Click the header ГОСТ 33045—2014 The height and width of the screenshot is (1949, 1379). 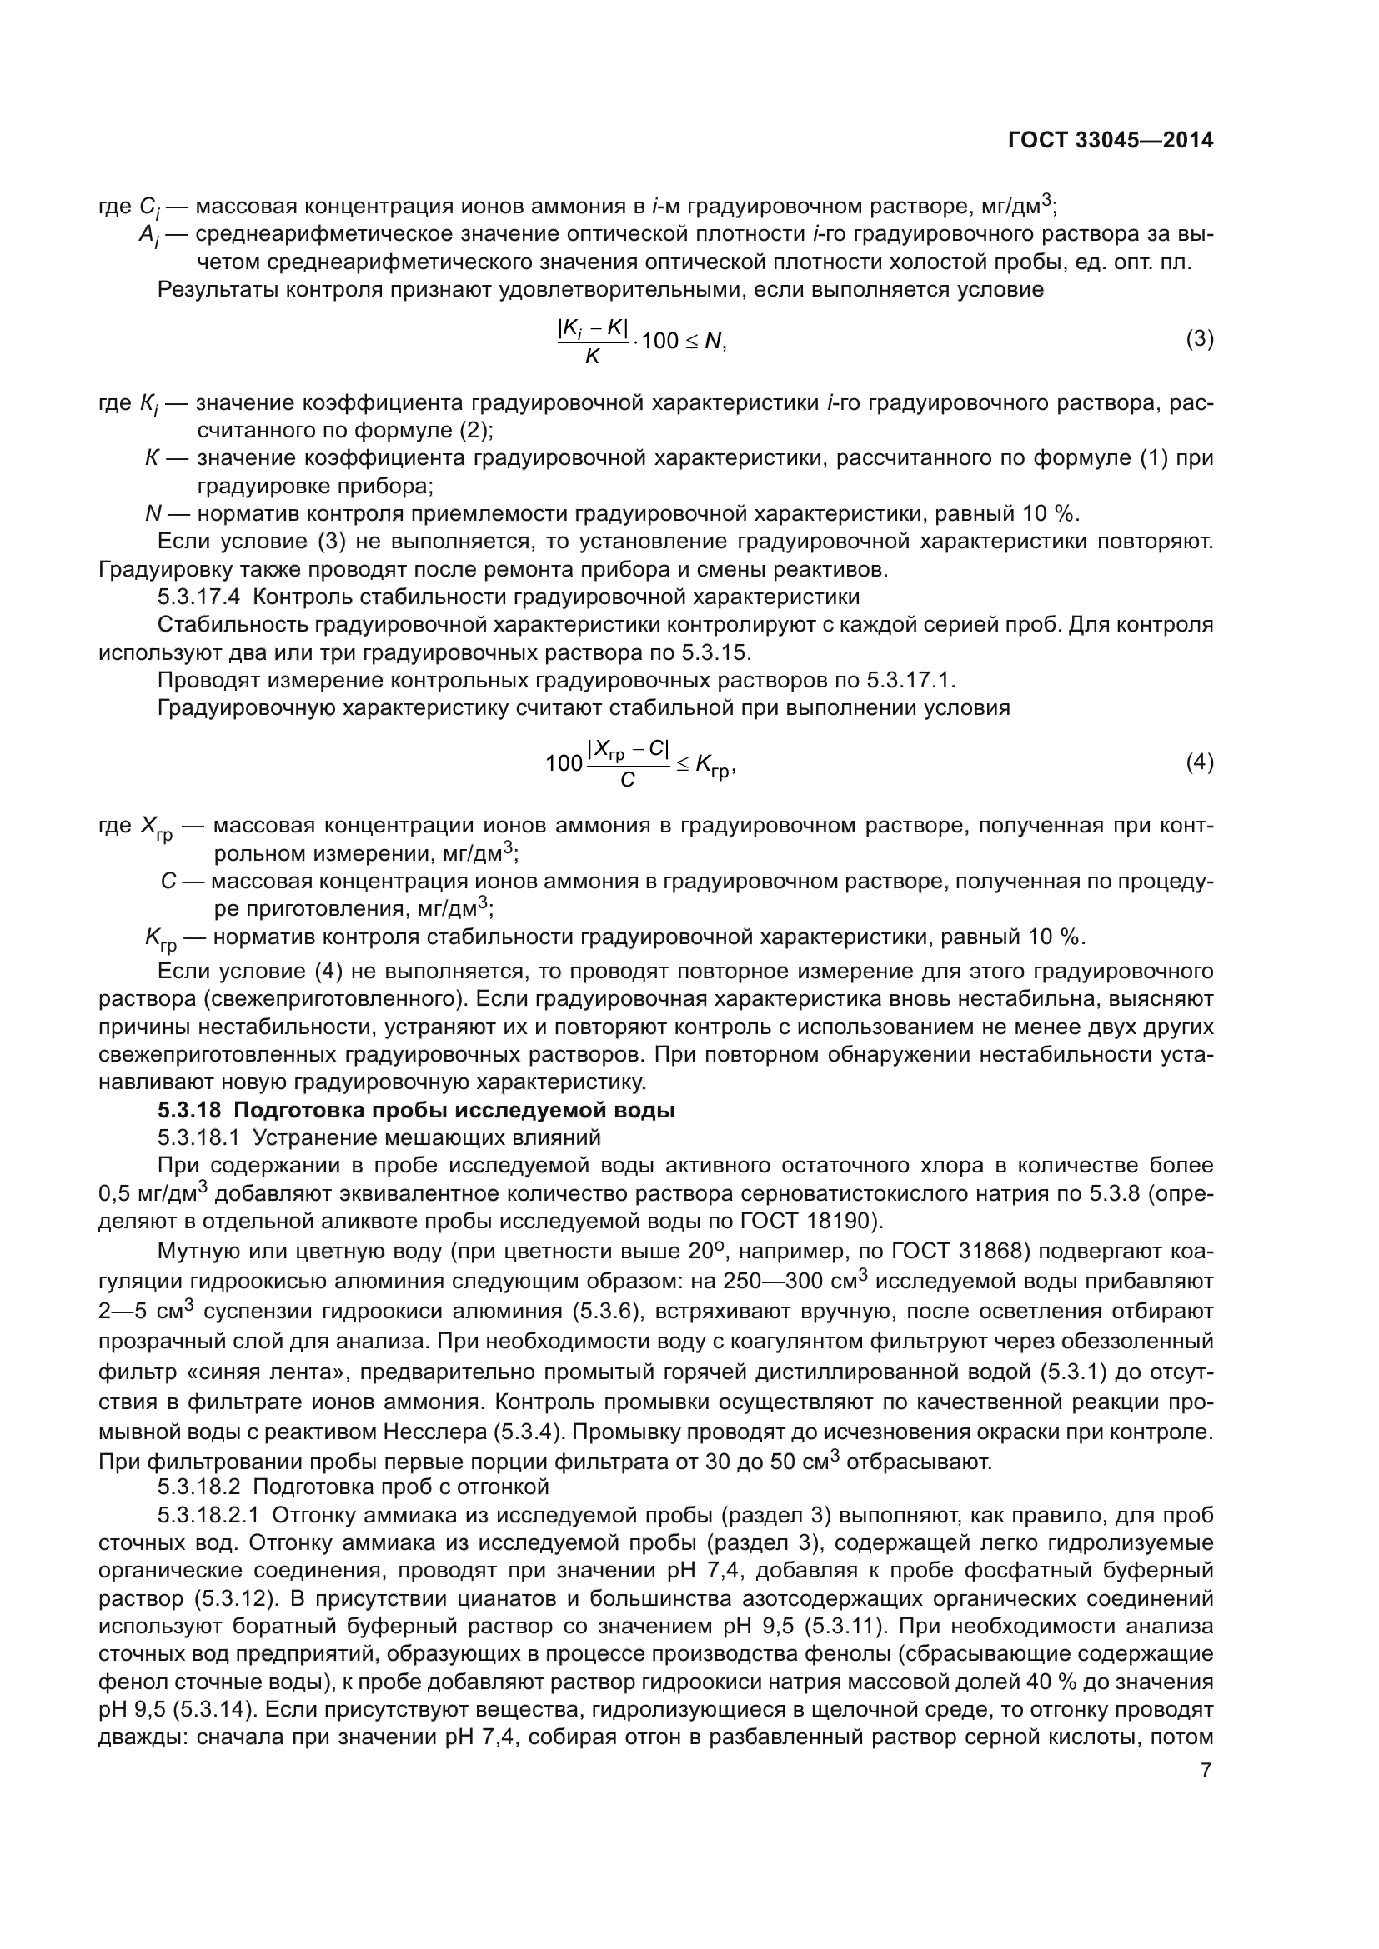[x=1110, y=140]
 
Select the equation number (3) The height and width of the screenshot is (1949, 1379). [x=1199, y=339]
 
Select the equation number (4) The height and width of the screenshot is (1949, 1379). [x=1199, y=762]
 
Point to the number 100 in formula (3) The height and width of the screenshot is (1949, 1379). [x=659, y=342]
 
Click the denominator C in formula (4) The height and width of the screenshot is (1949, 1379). [x=628, y=779]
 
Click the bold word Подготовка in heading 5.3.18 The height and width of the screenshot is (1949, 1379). [x=289, y=1110]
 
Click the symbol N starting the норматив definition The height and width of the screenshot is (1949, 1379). [x=153, y=513]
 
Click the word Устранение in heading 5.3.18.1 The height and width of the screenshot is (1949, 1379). [x=310, y=1137]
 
